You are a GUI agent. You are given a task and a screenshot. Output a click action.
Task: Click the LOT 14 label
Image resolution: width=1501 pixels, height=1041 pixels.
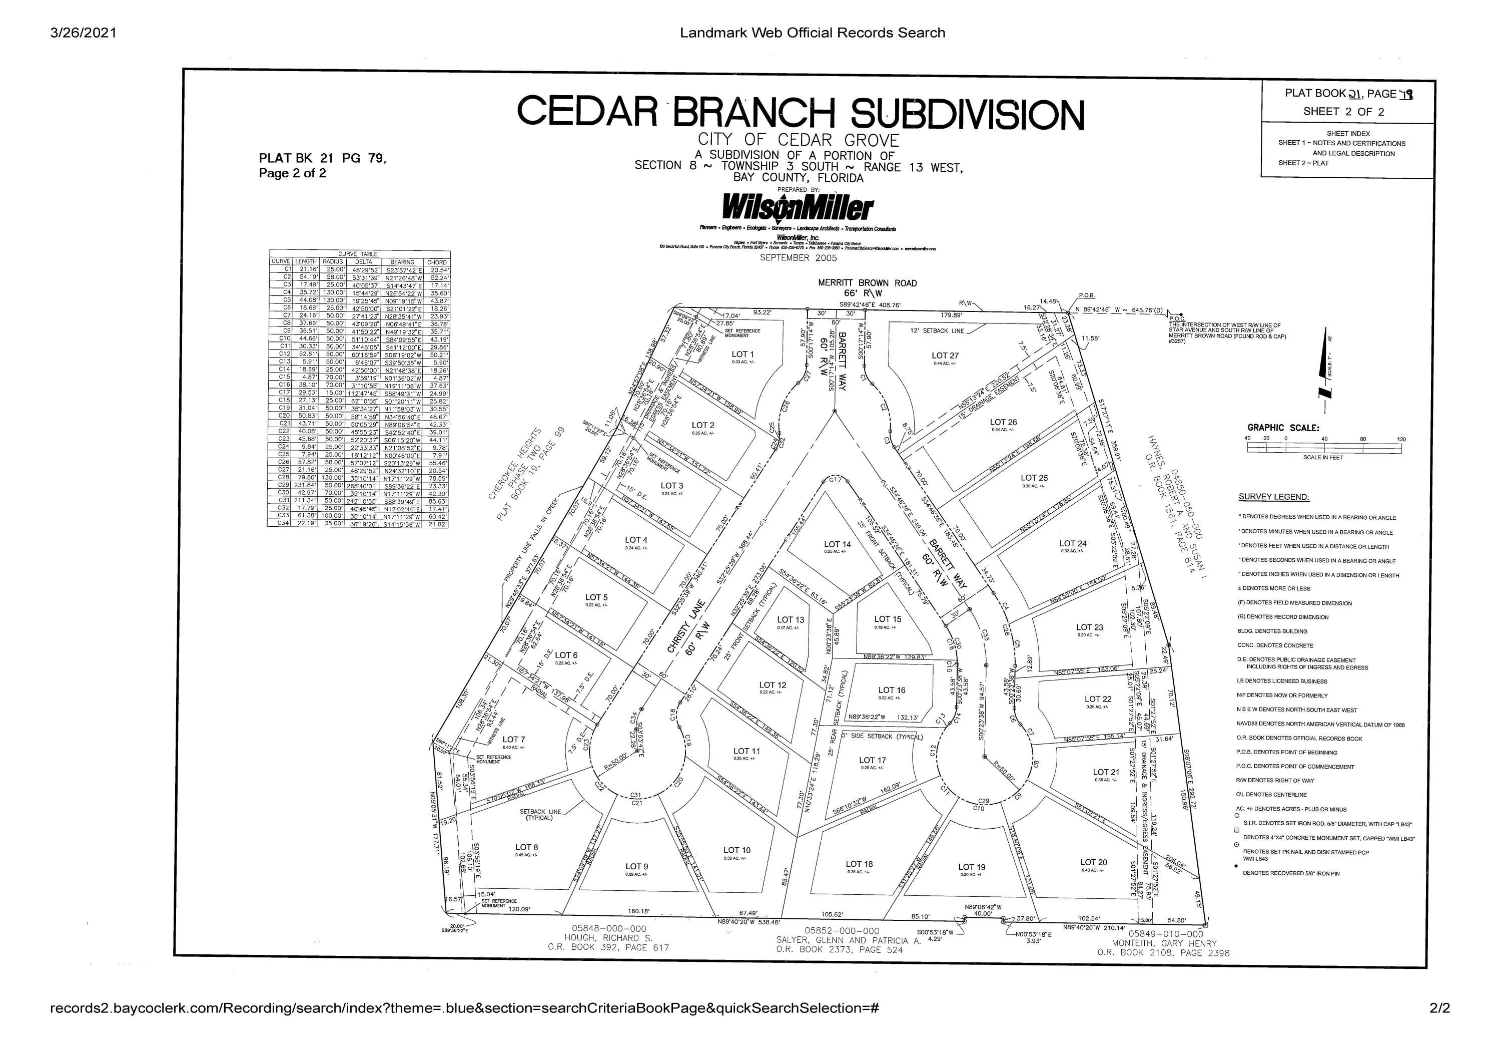(x=837, y=544)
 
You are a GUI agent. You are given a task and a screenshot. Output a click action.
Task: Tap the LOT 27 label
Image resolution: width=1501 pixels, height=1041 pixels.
(x=945, y=356)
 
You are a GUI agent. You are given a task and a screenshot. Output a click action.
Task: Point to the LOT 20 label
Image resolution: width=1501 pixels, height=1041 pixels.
(x=1093, y=862)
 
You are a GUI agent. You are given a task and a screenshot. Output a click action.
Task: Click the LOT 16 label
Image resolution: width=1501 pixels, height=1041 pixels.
(x=892, y=690)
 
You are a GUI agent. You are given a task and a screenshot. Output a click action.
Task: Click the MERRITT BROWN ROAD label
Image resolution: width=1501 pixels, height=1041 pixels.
(x=867, y=283)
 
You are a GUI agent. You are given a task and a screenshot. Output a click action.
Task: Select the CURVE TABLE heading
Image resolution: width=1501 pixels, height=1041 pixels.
(x=358, y=254)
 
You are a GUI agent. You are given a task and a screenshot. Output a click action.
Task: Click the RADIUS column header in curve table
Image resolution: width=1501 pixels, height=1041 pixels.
(x=332, y=261)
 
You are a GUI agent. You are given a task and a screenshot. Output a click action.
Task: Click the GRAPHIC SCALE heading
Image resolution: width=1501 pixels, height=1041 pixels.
(x=1283, y=428)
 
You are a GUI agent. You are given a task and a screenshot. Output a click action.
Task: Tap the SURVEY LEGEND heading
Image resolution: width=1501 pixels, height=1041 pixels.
(x=1273, y=497)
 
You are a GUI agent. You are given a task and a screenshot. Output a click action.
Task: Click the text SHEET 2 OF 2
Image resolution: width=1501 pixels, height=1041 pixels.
(x=1343, y=112)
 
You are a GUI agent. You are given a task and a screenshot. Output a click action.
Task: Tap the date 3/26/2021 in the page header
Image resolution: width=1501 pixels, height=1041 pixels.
(x=84, y=33)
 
